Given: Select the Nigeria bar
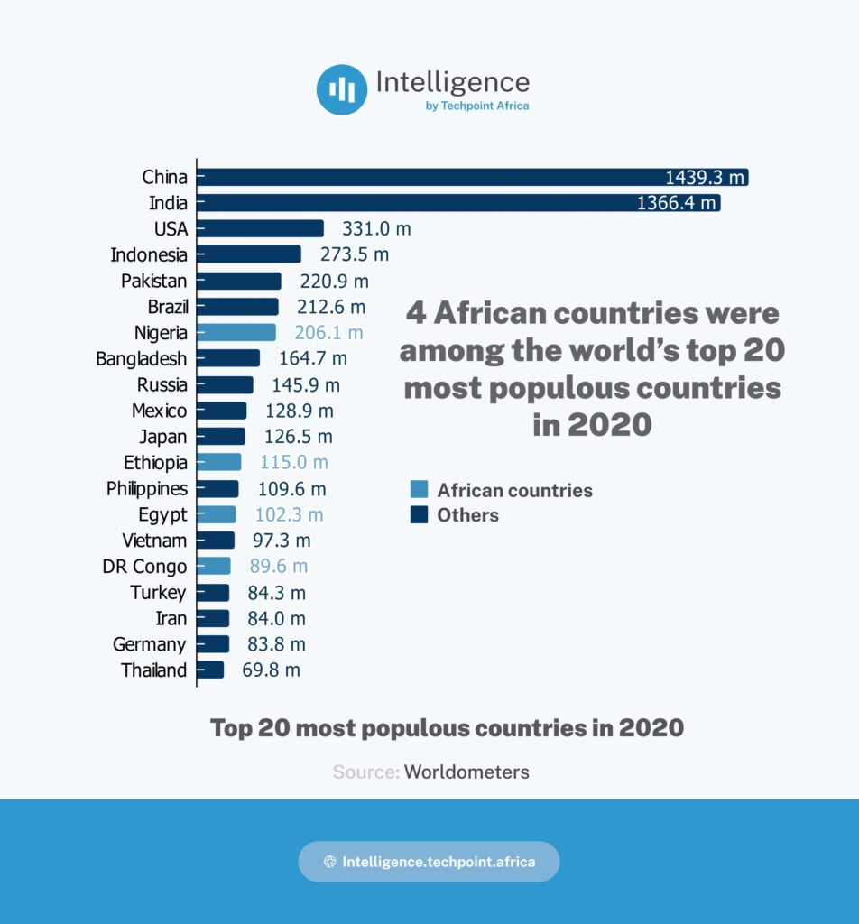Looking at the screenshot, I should pyautogui.click(x=236, y=333).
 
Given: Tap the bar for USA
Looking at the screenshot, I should pyautogui.click(x=260, y=229).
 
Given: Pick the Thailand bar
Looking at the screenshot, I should pyautogui.click(x=210, y=670).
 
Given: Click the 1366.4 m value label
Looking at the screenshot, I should pyautogui.click(x=676, y=203).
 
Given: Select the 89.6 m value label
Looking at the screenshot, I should pyautogui.click(x=279, y=567).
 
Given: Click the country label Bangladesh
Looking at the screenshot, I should pyautogui.click(x=142, y=359).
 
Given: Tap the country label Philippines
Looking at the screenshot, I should pyautogui.click(x=147, y=489).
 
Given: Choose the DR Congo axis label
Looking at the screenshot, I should pyautogui.click(x=145, y=567).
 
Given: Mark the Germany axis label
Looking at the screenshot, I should pyautogui.click(x=150, y=644).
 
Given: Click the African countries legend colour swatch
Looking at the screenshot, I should pyautogui.click(x=419, y=491).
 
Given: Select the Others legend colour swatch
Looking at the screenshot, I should pyautogui.click(x=419, y=515).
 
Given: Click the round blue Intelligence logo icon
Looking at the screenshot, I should pyautogui.click(x=341, y=89).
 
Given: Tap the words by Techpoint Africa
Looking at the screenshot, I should pyautogui.click(x=476, y=106).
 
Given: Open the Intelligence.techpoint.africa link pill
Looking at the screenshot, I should pyautogui.click(x=429, y=862).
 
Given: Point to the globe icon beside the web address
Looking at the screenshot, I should pyautogui.click(x=330, y=862).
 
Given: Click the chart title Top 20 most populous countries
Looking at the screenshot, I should pyautogui.click(x=447, y=728).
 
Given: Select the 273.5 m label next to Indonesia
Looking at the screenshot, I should pyautogui.click(x=354, y=254).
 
